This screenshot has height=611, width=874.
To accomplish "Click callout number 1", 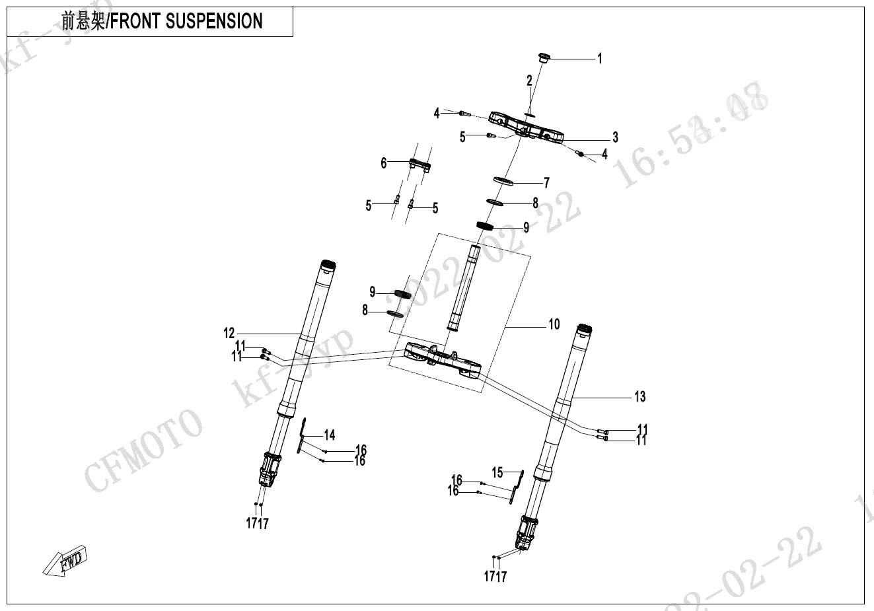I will (600, 59).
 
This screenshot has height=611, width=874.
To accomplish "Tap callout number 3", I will (615, 137).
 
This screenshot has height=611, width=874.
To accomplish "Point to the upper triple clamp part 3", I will (525, 127).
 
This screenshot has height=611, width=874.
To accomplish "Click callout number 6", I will (383, 163).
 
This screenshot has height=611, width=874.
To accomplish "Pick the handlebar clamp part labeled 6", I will (419, 164).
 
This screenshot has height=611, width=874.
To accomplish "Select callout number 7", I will (546, 183).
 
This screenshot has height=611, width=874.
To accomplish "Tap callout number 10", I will (554, 324).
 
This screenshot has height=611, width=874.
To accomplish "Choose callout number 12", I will (229, 332).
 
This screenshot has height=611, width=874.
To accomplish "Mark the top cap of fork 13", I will (583, 328).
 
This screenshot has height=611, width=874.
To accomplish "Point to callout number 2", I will (529, 81).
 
